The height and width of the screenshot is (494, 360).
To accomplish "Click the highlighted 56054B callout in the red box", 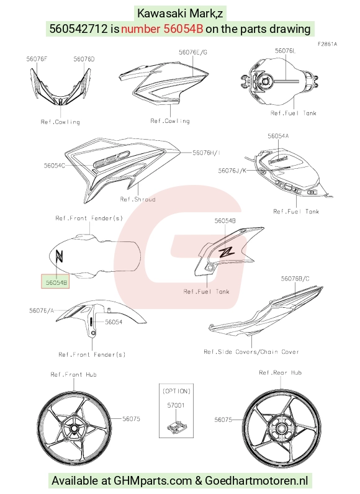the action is point(55,282).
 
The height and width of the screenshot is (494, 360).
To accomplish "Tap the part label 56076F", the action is point(37,59).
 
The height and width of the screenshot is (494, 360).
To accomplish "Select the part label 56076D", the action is point(84,59).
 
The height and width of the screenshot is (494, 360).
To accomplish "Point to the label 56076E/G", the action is point(193,52).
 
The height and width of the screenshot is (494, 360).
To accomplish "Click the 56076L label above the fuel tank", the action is point(286,51).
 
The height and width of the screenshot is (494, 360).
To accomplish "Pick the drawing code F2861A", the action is point(327,44).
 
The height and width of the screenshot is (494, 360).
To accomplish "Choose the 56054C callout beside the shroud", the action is point(55,165).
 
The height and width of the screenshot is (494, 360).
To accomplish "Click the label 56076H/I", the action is point(206,153).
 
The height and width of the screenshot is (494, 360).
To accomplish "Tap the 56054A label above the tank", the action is point(279,136).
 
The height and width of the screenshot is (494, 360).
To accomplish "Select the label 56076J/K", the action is point(232,171).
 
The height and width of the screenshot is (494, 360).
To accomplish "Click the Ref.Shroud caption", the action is point(138,199).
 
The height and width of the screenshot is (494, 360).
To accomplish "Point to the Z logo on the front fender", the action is point(59,256).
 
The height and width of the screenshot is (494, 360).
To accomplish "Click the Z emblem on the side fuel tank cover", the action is point(227,251).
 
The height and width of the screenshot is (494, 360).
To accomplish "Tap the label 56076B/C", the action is point(295,279).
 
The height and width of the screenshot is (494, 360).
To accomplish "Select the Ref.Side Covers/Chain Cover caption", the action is point(251,352).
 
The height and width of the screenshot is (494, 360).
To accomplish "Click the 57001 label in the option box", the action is point(176,405).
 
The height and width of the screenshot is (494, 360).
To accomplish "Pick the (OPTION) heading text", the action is point(176,391).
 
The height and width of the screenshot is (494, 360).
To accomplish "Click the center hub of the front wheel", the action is point(74,428).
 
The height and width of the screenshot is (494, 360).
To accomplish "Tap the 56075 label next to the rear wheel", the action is point(223,420).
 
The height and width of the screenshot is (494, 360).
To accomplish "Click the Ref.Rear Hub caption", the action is point(281,373).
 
